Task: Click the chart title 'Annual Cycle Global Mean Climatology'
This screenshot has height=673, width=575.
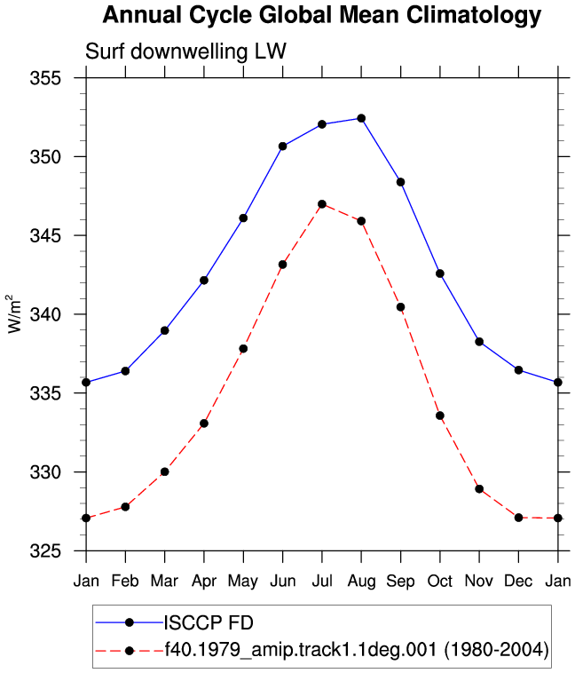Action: [322, 15]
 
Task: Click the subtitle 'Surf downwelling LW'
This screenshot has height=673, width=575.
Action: [185, 51]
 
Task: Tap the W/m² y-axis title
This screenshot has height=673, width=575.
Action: [14, 313]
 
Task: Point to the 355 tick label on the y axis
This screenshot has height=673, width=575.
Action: [45, 78]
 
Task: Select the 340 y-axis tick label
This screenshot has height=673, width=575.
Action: [45, 314]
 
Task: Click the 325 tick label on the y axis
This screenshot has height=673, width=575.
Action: [45, 550]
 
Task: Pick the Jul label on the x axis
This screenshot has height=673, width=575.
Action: [322, 581]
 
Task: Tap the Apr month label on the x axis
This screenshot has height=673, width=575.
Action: [204, 582]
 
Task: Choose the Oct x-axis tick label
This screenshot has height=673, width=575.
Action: [440, 581]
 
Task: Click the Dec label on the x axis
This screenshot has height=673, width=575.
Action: [518, 581]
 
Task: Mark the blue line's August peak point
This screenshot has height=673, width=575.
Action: [361, 118]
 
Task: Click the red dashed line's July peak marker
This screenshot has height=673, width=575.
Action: [322, 204]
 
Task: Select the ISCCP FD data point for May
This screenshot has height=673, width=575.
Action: [243, 218]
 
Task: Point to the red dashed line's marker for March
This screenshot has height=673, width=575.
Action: [165, 471]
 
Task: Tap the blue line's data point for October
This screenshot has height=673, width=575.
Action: [440, 273]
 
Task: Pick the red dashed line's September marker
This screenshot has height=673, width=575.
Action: [400, 307]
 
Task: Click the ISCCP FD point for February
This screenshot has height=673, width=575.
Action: [125, 371]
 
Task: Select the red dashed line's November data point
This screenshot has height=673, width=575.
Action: [479, 489]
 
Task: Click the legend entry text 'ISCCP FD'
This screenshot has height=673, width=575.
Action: [209, 622]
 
